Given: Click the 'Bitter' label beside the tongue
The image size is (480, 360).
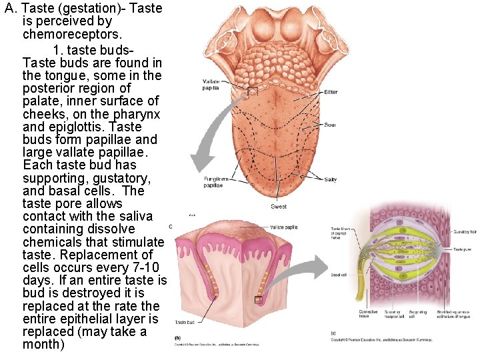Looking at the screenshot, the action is [331, 92].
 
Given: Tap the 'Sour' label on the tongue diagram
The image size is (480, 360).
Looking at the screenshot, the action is [329, 125].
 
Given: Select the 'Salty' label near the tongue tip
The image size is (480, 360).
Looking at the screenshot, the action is [331, 179].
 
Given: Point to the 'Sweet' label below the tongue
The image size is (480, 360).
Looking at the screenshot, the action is [279, 207].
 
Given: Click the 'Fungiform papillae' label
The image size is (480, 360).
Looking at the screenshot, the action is [215, 182].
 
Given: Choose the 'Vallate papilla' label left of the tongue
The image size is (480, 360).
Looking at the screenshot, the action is [211, 85].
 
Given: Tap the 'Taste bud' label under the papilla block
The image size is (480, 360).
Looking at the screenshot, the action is [185, 323].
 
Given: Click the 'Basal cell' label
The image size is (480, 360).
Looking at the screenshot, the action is [339, 275].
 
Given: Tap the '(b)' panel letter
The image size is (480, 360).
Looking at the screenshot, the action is [177, 338].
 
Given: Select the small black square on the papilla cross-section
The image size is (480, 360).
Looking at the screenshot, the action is [259, 301].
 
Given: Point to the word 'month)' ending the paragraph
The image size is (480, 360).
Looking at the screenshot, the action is [44, 345].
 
